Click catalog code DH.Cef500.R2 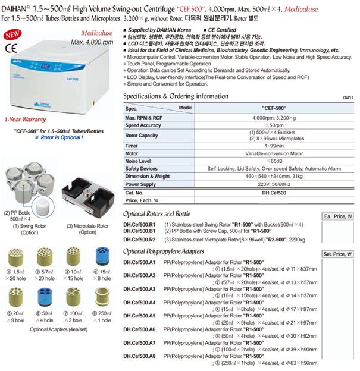[x=139, y=239]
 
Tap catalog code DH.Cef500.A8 [x=139, y=356]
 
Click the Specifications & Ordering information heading [x=176, y=96]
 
